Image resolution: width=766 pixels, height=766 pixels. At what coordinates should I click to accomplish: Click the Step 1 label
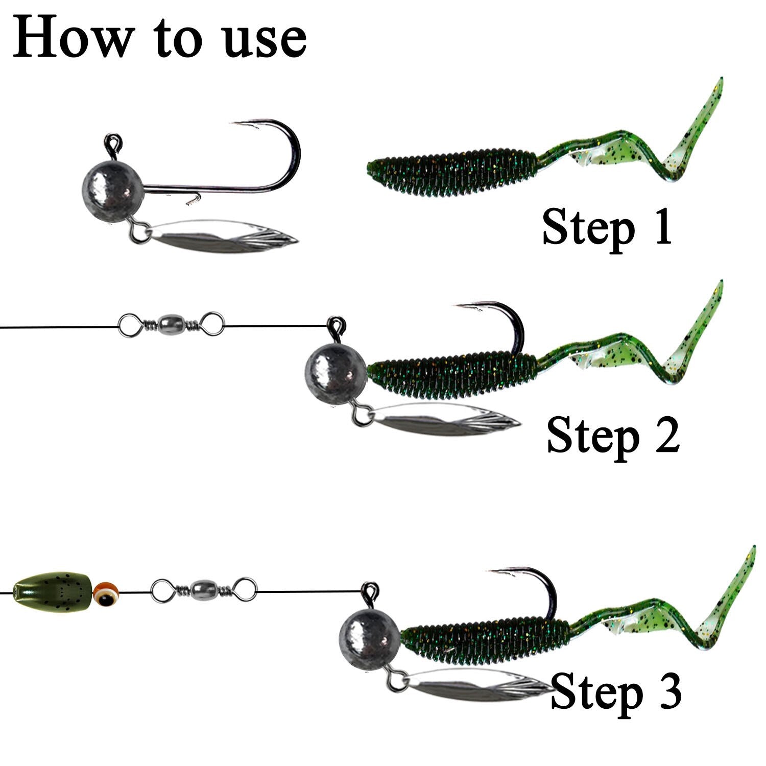(x=607, y=227)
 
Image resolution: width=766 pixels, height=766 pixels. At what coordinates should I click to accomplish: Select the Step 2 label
(x=613, y=436)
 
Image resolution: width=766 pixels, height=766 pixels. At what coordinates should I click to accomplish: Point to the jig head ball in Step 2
(x=335, y=374)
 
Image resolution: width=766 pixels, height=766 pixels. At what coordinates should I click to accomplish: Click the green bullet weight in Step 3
(x=52, y=591)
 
